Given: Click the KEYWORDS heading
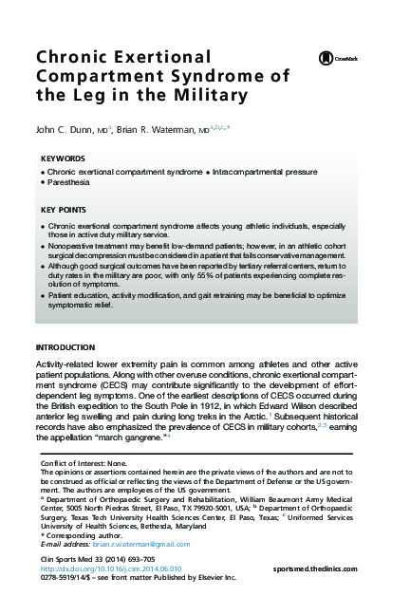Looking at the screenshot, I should tap(63, 158).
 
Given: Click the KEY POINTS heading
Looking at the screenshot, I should tap(64, 210).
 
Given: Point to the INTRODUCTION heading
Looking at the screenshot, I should tap(65, 348).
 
